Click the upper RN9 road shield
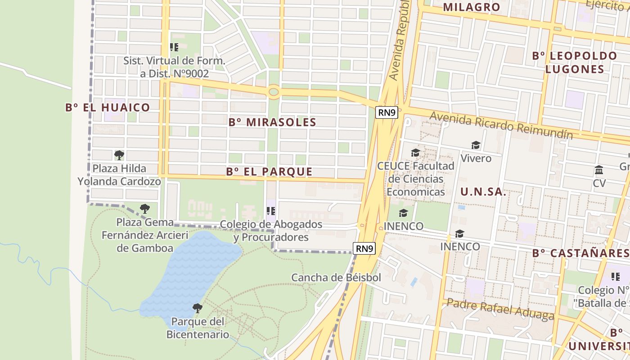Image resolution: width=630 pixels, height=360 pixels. pyautogui.click(x=387, y=112)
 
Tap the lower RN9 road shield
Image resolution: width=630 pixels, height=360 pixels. pyautogui.click(x=364, y=248)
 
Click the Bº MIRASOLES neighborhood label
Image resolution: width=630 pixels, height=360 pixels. pyautogui.click(x=272, y=122)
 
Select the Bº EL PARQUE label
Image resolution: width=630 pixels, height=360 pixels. pyautogui.click(x=269, y=171)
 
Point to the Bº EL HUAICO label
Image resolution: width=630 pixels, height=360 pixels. pyautogui.click(x=108, y=107)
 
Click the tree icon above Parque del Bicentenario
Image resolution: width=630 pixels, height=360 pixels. pyautogui.click(x=197, y=308)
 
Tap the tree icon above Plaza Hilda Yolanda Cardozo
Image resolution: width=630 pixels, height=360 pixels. pyautogui.click(x=119, y=155)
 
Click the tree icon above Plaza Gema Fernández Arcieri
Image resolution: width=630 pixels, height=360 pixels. pyautogui.click(x=144, y=208)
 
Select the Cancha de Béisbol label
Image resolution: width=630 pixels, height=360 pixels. pyautogui.click(x=336, y=277)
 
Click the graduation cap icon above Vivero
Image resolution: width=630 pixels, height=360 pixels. pyautogui.click(x=476, y=145)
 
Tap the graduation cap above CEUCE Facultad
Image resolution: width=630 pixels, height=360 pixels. pyautogui.click(x=415, y=153)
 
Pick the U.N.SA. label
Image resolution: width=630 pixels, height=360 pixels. pyautogui.click(x=483, y=192)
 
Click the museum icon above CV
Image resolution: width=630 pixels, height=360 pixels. pyautogui.click(x=599, y=170)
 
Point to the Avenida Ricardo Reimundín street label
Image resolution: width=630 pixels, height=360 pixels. pyautogui.click(x=501, y=125)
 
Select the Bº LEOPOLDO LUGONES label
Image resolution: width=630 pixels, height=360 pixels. pyautogui.click(x=575, y=62)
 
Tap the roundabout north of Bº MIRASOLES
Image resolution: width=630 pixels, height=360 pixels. pyautogui.click(x=273, y=92)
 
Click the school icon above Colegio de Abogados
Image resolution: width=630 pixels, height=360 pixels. pyautogui.click(x=271, y=211)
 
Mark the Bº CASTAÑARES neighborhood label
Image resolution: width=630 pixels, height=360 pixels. pyautogui.click(x=580, y=253)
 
